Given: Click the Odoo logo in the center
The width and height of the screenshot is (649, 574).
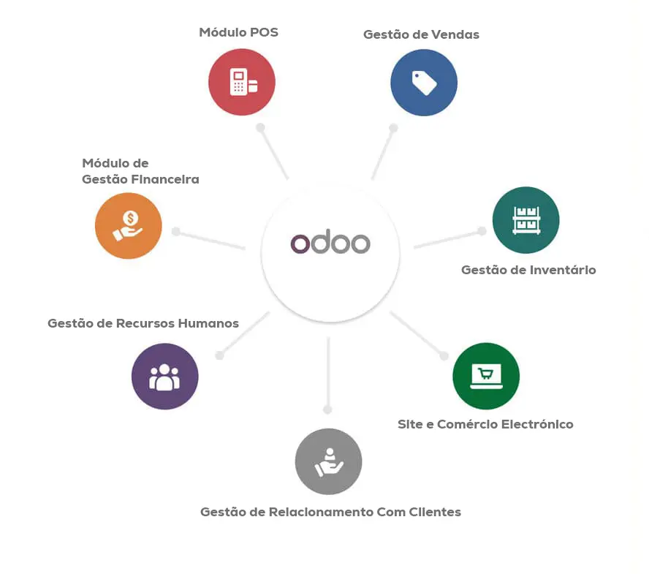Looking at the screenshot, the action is (x=330, y=241).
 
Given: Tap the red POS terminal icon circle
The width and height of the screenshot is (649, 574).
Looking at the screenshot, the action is (x=242, y=82).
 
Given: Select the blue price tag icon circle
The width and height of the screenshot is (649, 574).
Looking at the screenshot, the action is (x=424, y=83).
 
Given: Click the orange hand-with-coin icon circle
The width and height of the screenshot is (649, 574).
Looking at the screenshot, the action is (x=129, y=226).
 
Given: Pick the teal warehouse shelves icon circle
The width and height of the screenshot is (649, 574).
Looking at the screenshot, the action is (x=525, y=220).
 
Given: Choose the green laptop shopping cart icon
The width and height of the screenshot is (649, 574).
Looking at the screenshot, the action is (x=486, y=376).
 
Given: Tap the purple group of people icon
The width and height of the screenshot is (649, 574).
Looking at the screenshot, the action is (x=164, y=377).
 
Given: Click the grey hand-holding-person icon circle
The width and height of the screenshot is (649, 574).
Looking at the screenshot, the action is (x=329, y=461).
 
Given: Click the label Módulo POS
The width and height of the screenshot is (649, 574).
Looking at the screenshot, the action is (x=239, y=32).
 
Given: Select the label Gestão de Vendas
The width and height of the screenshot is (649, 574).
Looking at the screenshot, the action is (x=422, y=34).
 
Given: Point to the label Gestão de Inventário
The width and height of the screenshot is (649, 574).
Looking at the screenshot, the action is (x=528, y=270).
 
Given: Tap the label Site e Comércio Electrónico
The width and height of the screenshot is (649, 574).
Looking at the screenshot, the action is (x=485, y=424).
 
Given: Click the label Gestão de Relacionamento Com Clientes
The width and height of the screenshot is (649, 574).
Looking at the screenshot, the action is (x=330, y=512).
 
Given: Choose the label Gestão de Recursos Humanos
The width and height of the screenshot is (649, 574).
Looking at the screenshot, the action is (x=143, y=323).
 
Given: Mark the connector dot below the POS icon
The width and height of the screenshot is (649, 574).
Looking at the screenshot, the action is (x=260, y=127).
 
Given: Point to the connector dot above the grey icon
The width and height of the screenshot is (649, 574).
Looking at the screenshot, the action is (x=328, y=409).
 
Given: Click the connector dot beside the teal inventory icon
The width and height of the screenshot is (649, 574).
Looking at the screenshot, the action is (x=482, y=230).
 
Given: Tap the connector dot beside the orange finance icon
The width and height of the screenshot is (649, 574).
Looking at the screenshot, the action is (x=176, y=231).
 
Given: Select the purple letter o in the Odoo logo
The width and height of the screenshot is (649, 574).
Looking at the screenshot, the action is (x=300, y=243).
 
